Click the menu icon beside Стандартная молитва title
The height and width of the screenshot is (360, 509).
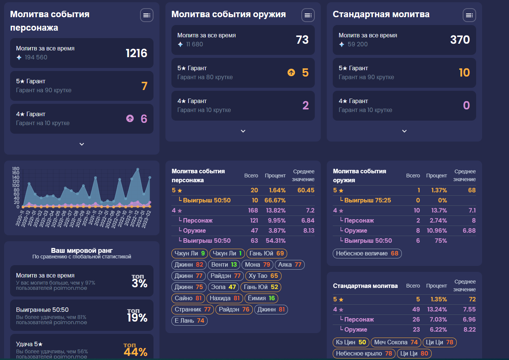click(x=469, y=15)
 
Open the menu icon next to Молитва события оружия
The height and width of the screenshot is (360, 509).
click(x=308, y=15)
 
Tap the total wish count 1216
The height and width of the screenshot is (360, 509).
click(x=136, y=53)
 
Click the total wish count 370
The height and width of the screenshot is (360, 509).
click(x=460, y=40)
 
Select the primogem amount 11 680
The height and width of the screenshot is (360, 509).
click(x=194, y=44)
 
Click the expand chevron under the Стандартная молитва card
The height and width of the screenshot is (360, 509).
click(x=404, y=131)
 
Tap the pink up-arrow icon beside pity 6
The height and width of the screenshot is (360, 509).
click(x=130, y=118)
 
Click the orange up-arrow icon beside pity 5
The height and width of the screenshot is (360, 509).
click(x=291, y=72)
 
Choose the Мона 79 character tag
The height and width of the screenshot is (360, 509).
click(x=257, y=265)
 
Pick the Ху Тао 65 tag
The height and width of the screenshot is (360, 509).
click(x=263, y=276)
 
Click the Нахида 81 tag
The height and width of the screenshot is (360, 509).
click(x=224, y=298)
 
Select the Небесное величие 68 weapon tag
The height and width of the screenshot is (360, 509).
click(x=367, y=254)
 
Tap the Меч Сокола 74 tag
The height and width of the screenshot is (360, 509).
click(x=396, y=342)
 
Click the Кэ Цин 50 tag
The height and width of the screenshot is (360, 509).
click(x=351, y=342)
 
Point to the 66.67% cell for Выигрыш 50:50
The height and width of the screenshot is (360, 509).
click(x=275, y=201)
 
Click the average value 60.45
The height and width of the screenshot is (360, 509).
click(x=305, y=190)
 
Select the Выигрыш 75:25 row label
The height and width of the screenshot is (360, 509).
click(x=367, y=201)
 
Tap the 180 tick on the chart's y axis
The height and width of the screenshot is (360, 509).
click(x=16, y=169)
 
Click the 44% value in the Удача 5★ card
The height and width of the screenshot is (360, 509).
click(x=136, y=352)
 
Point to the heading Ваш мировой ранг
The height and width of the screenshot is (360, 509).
click(x=82, y=251)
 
